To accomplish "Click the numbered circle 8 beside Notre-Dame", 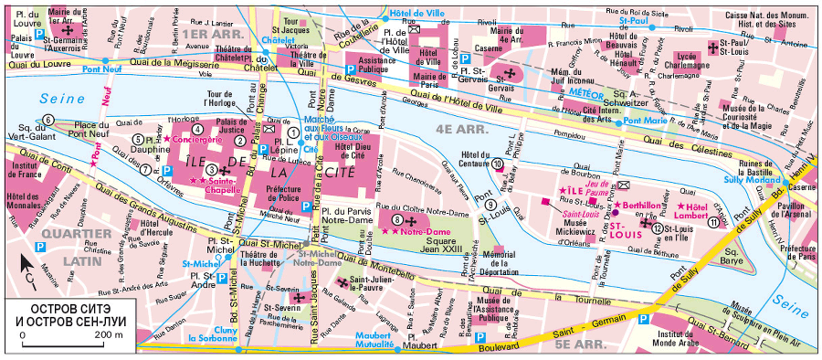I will coord(396,219).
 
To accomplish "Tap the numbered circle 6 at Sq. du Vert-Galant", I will coord(47,119).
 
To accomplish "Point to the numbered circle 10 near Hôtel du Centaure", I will coord(497,164).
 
